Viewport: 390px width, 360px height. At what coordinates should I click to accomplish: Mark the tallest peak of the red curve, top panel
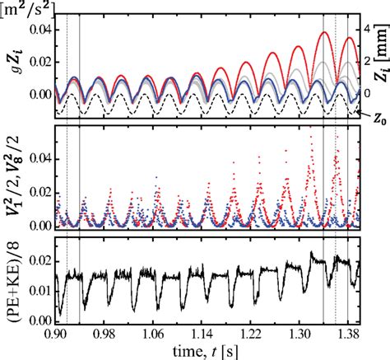pyautogui.click(x=327, y=33)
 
